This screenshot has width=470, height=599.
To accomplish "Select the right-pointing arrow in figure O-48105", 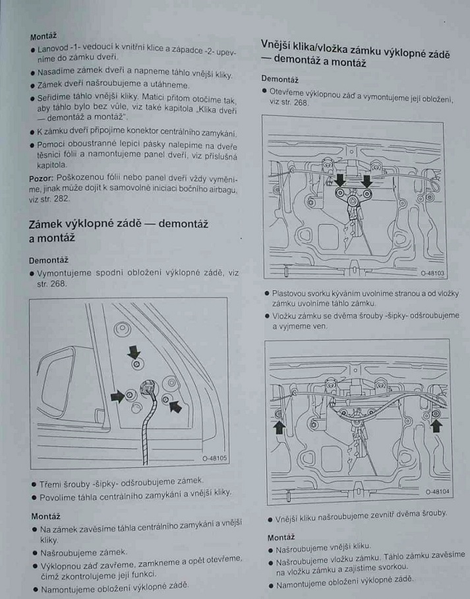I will (117, 395).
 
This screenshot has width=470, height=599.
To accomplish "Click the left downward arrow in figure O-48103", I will (340, 180).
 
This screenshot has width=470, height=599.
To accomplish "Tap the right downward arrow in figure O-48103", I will (366, 180).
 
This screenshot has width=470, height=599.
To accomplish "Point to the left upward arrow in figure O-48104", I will (278, 428).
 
